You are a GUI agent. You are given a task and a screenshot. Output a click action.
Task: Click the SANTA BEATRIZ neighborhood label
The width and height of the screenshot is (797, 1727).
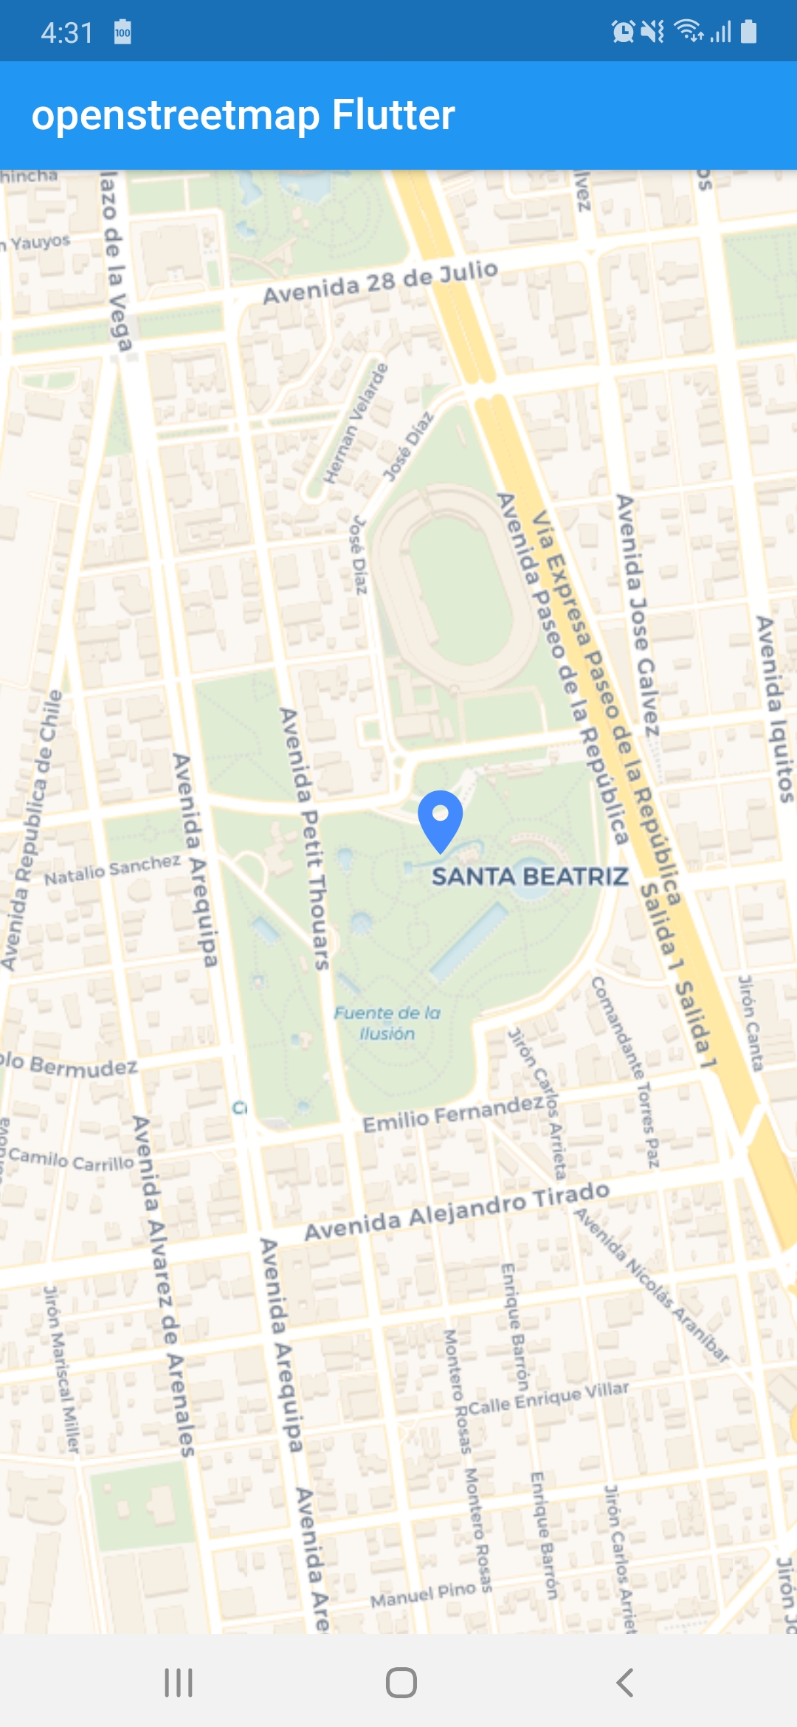pyautogui.click(x=530, y=877)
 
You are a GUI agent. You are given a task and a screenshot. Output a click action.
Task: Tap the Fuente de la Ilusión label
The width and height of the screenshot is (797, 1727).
pyautogui.click(x=387, y=1023)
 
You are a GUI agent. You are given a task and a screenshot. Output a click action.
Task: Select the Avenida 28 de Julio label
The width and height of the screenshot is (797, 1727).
pyautogui.click(x=380, y=282)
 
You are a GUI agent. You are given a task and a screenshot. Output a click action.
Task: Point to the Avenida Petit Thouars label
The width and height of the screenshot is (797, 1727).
pyautogui.click(x=304, y=838)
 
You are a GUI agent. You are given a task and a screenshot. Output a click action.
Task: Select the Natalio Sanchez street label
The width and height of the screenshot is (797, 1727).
pyautogui.click(x=112, y=870)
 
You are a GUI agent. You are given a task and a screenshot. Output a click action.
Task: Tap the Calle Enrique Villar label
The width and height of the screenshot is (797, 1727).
pyautogui.click(x=549, y=1399)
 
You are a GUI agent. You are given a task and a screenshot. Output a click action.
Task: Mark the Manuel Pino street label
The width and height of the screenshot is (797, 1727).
pyautogui.click(x=423, y=1595)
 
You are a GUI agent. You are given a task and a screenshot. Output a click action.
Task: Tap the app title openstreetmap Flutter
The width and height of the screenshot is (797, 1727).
pyautogui.click(x=243, y=115)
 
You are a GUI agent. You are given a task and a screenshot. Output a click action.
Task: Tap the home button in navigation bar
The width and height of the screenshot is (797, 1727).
pyautogui.click(x=401, y=1683)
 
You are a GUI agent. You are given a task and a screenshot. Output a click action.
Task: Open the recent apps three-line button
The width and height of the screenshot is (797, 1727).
pyautogui.click(x=178, y=1683)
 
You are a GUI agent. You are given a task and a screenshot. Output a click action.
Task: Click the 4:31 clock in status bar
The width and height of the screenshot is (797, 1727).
pyautogui.click(x=66, y=32)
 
